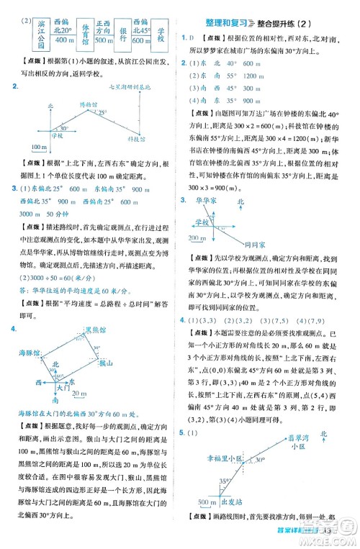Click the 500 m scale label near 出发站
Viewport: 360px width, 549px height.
[x=205, y=521]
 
